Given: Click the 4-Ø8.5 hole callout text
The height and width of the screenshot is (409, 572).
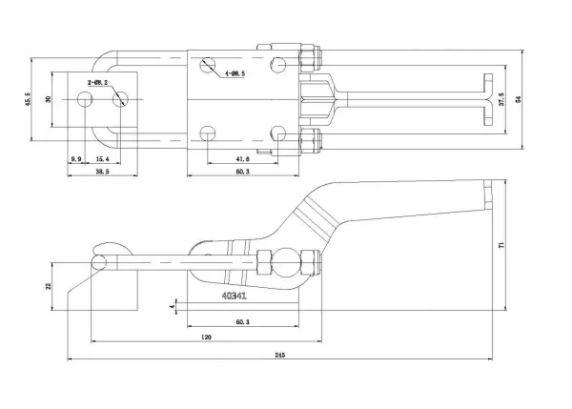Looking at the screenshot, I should click(x=234, y=73).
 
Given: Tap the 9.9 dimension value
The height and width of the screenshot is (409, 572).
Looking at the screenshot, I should click(x=76, y=157).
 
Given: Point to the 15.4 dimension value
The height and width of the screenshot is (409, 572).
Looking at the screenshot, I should click(x=101, y=157).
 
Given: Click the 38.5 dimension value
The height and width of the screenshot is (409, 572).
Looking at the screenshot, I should click(x=99, y=172).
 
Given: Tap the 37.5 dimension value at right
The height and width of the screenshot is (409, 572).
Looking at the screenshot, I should click(x=502, y=100).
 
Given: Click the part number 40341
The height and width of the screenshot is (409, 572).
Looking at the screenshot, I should click(x=235, y=296).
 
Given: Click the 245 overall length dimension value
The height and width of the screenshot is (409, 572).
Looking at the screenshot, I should click(x=279, y=356).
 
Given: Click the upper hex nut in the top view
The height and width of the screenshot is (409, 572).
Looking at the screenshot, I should click(x=311, y=60).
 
